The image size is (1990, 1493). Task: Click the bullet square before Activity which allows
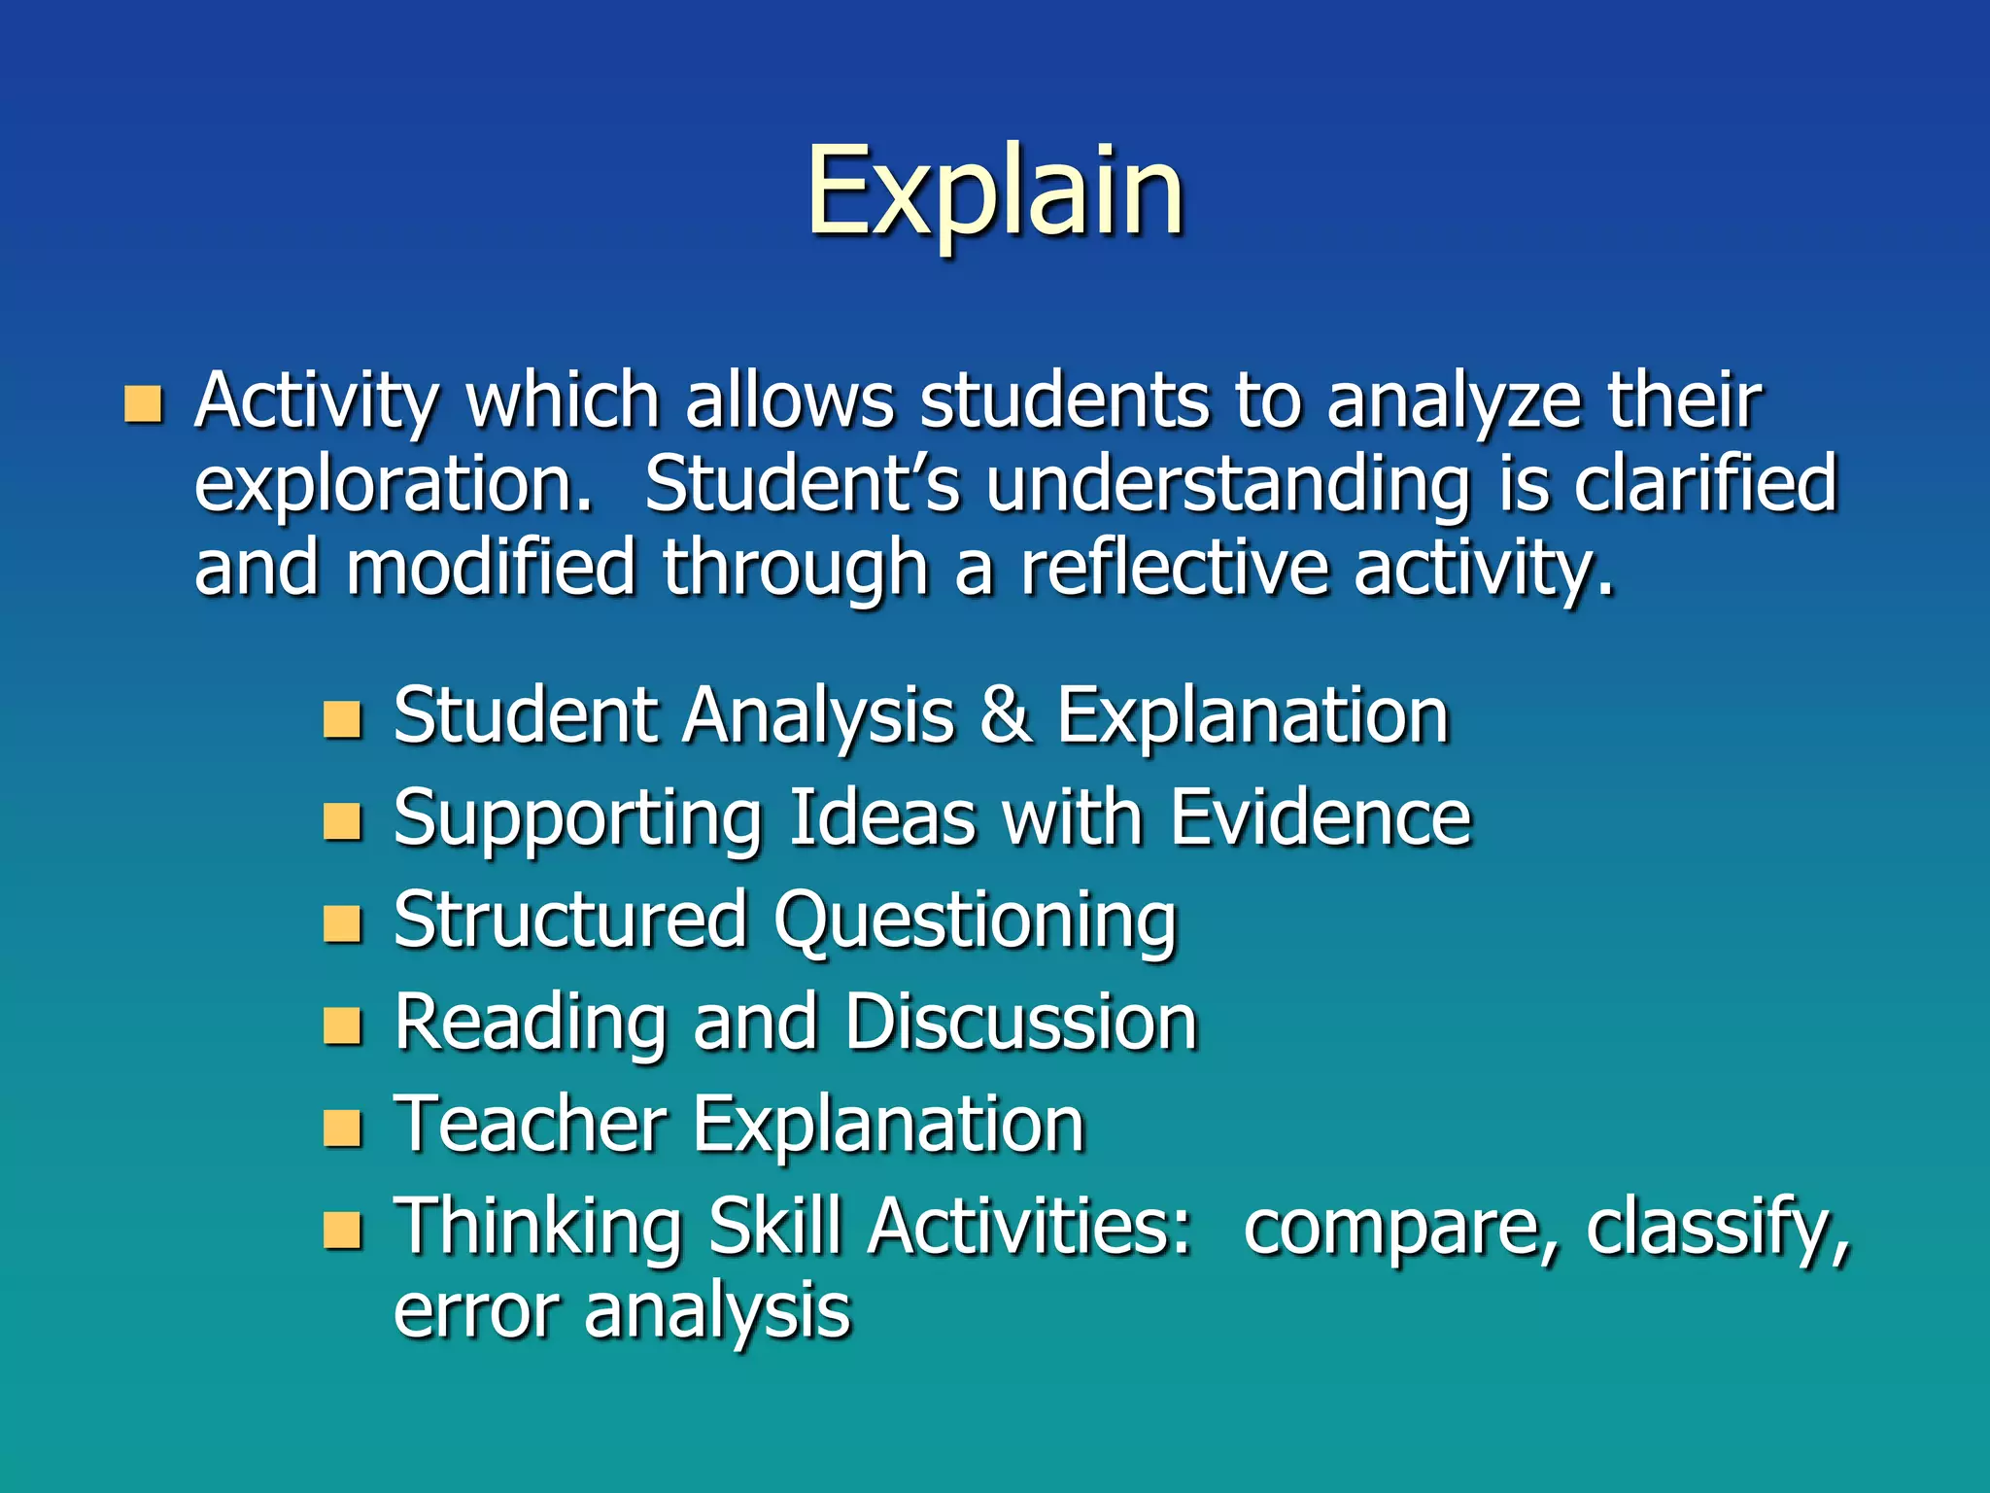pyautogui.click(x=144, y=404)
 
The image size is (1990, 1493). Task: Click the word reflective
pyautogui.click(x=1174, y=569)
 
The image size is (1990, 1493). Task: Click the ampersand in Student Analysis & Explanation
pyautogui.click(x=1005, y=715)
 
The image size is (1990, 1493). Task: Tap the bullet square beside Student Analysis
pyautogui.click(x=342, y=720)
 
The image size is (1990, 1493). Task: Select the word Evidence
pyautogui.click(x=1320, y=818)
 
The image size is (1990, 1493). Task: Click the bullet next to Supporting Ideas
pyautogui.click(x=342, y=822)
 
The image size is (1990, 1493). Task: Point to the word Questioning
pyautogui.click(x=975, y=921)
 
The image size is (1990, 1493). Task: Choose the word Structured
pyautogui.click(x=570, y=920)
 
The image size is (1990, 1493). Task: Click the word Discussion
pyautogui.click(x=1020, y=1023)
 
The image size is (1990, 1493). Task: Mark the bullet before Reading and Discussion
pyautogui.click(x=342, y=1026)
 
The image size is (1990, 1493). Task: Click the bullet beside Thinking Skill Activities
pyautogui.click(x=342, y=1231)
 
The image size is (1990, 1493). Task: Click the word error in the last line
pyautogui.click(x=476, y=1311)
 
